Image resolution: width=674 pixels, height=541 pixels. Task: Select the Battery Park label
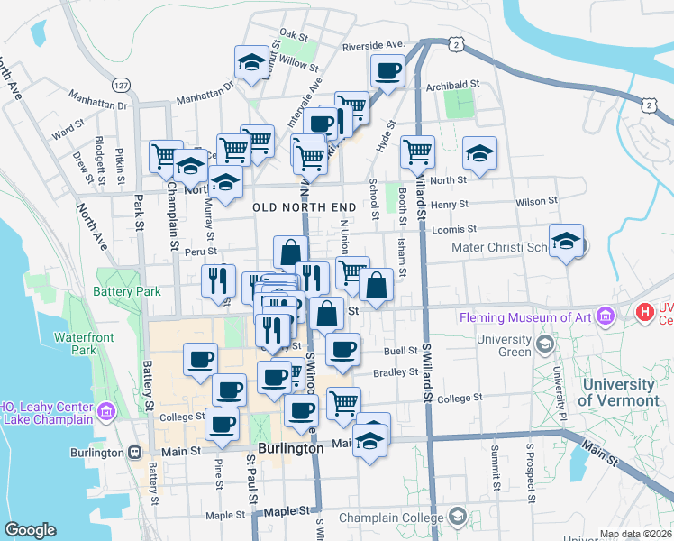126,291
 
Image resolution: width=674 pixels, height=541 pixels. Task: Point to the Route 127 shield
119,84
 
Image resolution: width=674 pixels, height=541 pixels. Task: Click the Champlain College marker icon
458,517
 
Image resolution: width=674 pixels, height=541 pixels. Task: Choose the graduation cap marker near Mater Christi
566,242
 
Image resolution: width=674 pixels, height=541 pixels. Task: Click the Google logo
30,530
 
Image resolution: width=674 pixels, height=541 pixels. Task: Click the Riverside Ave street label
372,44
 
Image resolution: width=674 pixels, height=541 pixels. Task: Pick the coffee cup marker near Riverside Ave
389,70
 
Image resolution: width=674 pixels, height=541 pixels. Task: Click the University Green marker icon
543,344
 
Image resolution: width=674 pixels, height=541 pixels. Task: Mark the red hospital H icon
645,312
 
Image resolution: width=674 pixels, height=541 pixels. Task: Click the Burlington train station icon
134,451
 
